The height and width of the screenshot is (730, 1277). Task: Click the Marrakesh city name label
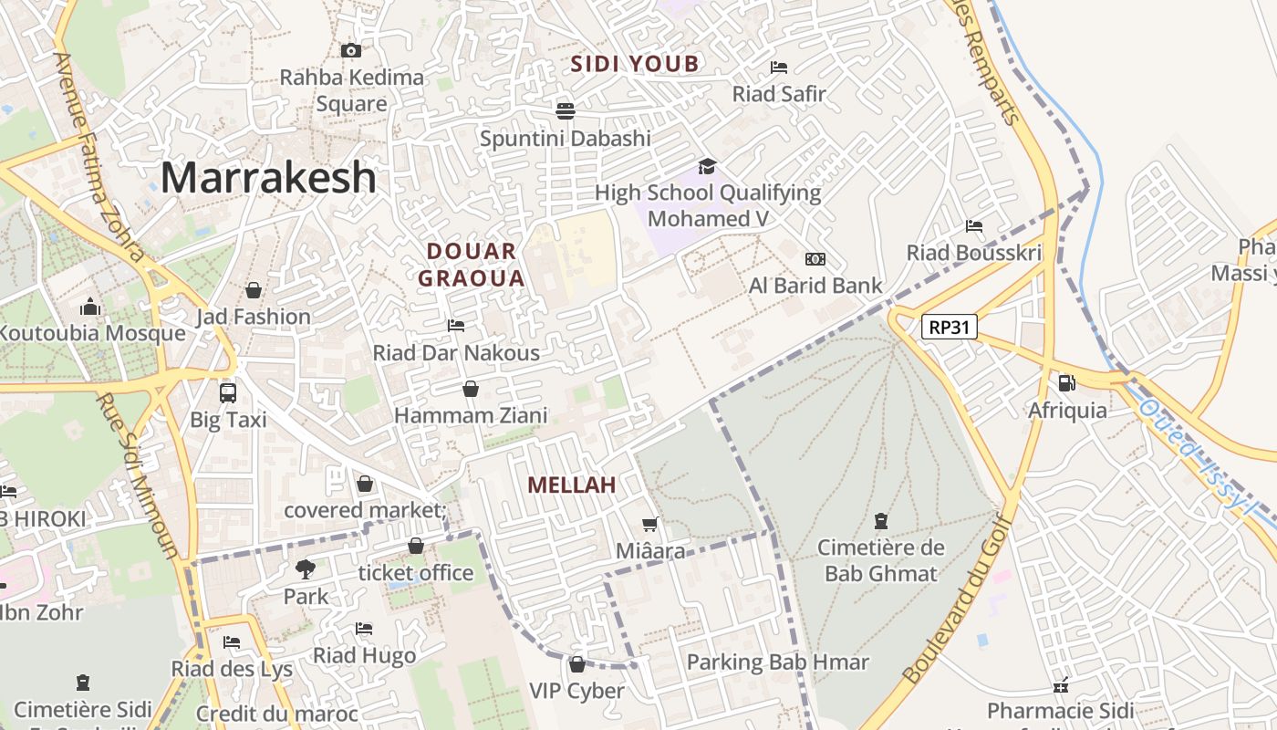point(268,177)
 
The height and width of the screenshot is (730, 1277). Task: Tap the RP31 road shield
point(949,327)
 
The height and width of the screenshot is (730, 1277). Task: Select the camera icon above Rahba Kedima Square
point(350,50)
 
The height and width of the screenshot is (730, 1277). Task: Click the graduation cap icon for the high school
point(707,165)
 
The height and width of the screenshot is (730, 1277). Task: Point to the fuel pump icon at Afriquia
point(1066,382)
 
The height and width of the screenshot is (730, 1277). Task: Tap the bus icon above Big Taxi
point(228,392)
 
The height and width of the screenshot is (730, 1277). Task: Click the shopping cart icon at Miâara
point(650,524)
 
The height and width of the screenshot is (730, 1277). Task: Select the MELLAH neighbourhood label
point(572,485)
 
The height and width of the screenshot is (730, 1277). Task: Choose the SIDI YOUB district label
point(635,64)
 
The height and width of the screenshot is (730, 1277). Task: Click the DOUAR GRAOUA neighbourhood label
point(472,265)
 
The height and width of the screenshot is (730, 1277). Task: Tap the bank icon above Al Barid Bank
point(815,259)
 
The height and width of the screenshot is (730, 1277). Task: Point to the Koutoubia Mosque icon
point(89,307)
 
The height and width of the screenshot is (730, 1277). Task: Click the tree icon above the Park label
point(305,569)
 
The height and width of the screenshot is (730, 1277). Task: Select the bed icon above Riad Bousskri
point(973,225)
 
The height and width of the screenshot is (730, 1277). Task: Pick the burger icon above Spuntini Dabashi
point(566,111)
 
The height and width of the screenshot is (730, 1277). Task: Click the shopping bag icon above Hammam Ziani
point(471,389)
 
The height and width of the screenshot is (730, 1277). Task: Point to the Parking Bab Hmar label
point(777,662)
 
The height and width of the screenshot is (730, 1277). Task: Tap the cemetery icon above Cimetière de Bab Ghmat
point(880,521)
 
